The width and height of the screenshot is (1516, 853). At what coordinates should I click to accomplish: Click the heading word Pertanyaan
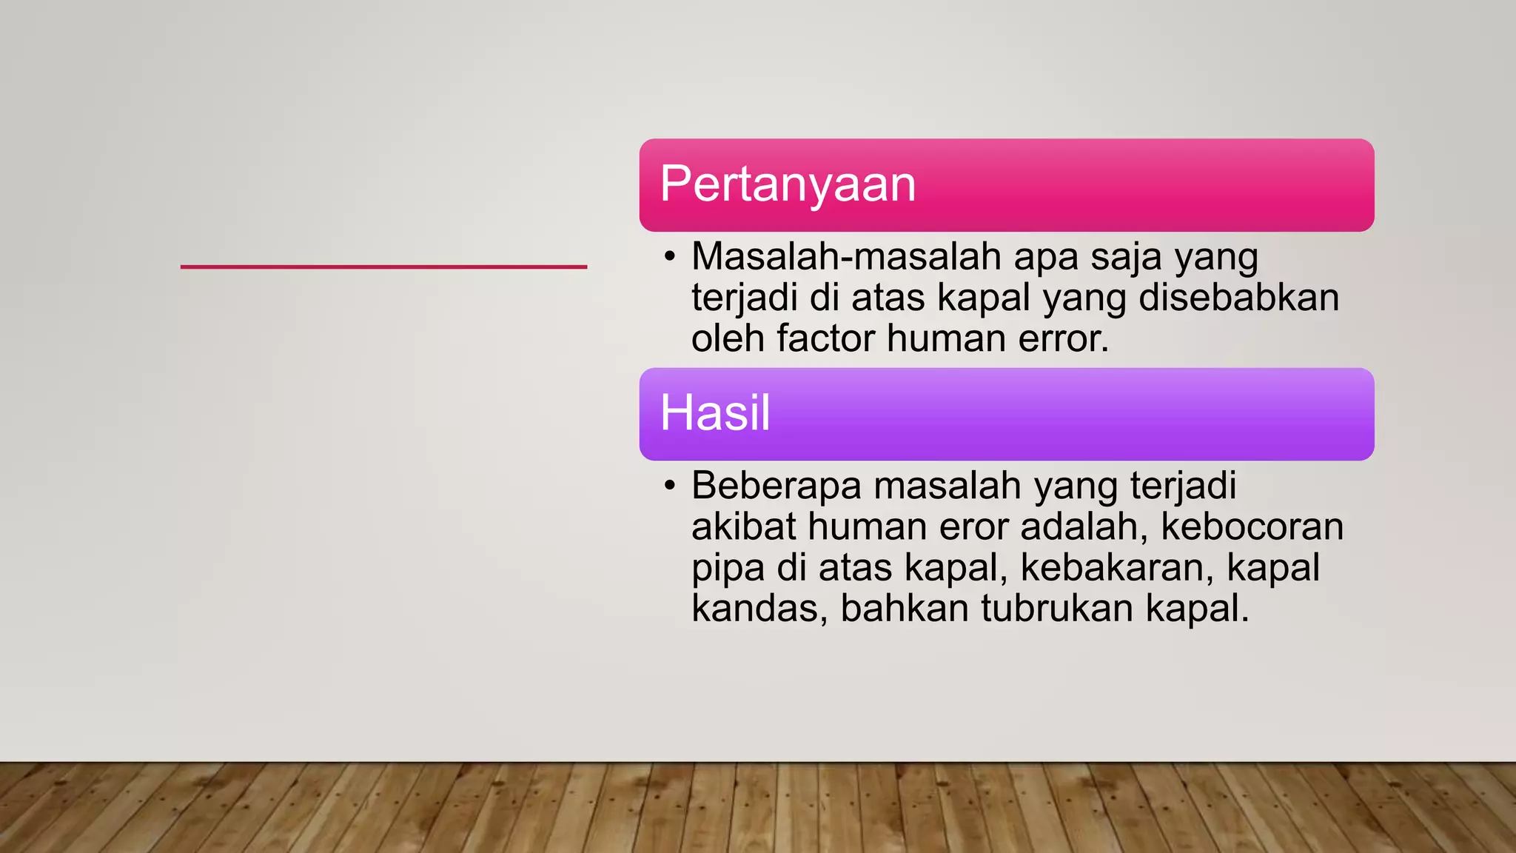click(x=788, y=184)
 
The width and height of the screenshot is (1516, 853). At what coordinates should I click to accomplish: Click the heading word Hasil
click(x=715, y=412)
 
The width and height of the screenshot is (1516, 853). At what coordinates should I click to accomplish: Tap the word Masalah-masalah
click(x=846, y=257)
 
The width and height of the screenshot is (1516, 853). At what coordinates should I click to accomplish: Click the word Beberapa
click(x=777, y=486)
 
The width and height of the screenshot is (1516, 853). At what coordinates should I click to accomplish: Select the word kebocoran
click(x=1252, y=527)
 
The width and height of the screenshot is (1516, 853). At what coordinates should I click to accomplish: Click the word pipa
click(x=728, y=569)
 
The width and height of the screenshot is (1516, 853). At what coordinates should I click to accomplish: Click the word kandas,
click(x=759, y=609)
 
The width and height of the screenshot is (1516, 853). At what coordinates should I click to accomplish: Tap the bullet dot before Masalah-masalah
click(x=670, y=257)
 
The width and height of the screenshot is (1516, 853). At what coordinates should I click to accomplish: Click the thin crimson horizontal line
click(x=383, y=267)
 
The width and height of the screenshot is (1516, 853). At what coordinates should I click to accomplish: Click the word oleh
click(x=728, y=338)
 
